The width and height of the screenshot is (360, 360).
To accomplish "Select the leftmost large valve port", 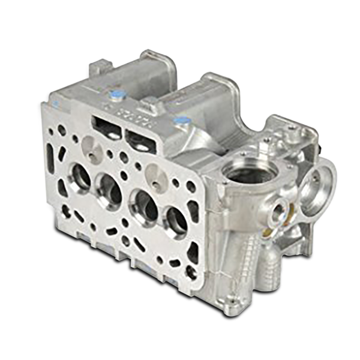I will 80,174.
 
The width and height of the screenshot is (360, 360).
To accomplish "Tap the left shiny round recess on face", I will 89,143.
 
